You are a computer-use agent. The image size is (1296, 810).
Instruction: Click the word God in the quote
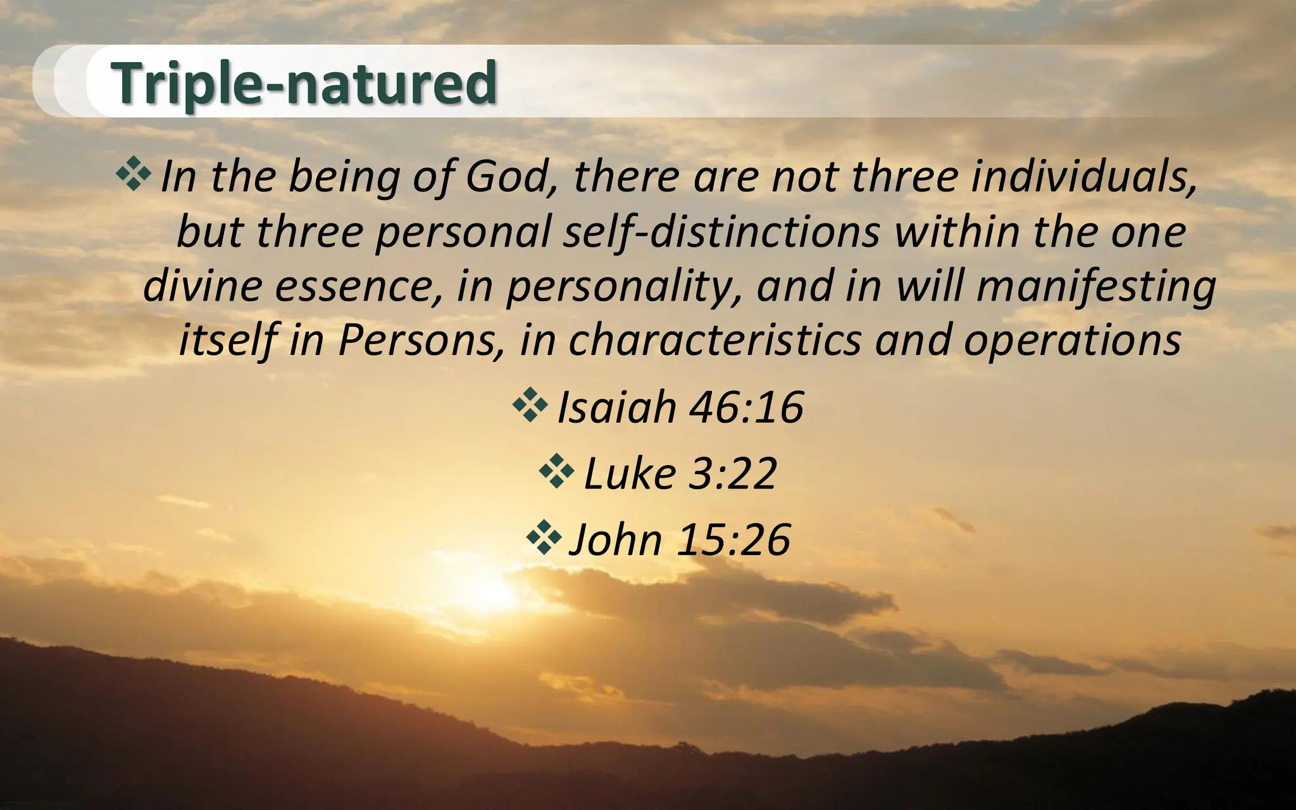506,177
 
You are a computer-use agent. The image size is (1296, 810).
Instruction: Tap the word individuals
1084,177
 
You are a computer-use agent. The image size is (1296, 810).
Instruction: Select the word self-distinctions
721,232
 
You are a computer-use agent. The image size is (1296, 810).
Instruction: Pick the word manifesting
1096,286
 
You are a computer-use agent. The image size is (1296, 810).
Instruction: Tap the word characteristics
715,340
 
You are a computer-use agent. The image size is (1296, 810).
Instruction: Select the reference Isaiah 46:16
680,407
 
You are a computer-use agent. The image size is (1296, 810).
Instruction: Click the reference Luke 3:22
680,473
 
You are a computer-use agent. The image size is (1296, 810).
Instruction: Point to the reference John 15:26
680,539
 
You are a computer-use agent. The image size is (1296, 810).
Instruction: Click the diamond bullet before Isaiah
530,406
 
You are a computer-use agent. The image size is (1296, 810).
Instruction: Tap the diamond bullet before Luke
557,471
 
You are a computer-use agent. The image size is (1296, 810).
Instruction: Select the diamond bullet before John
544,538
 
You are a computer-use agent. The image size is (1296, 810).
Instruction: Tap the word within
957,232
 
